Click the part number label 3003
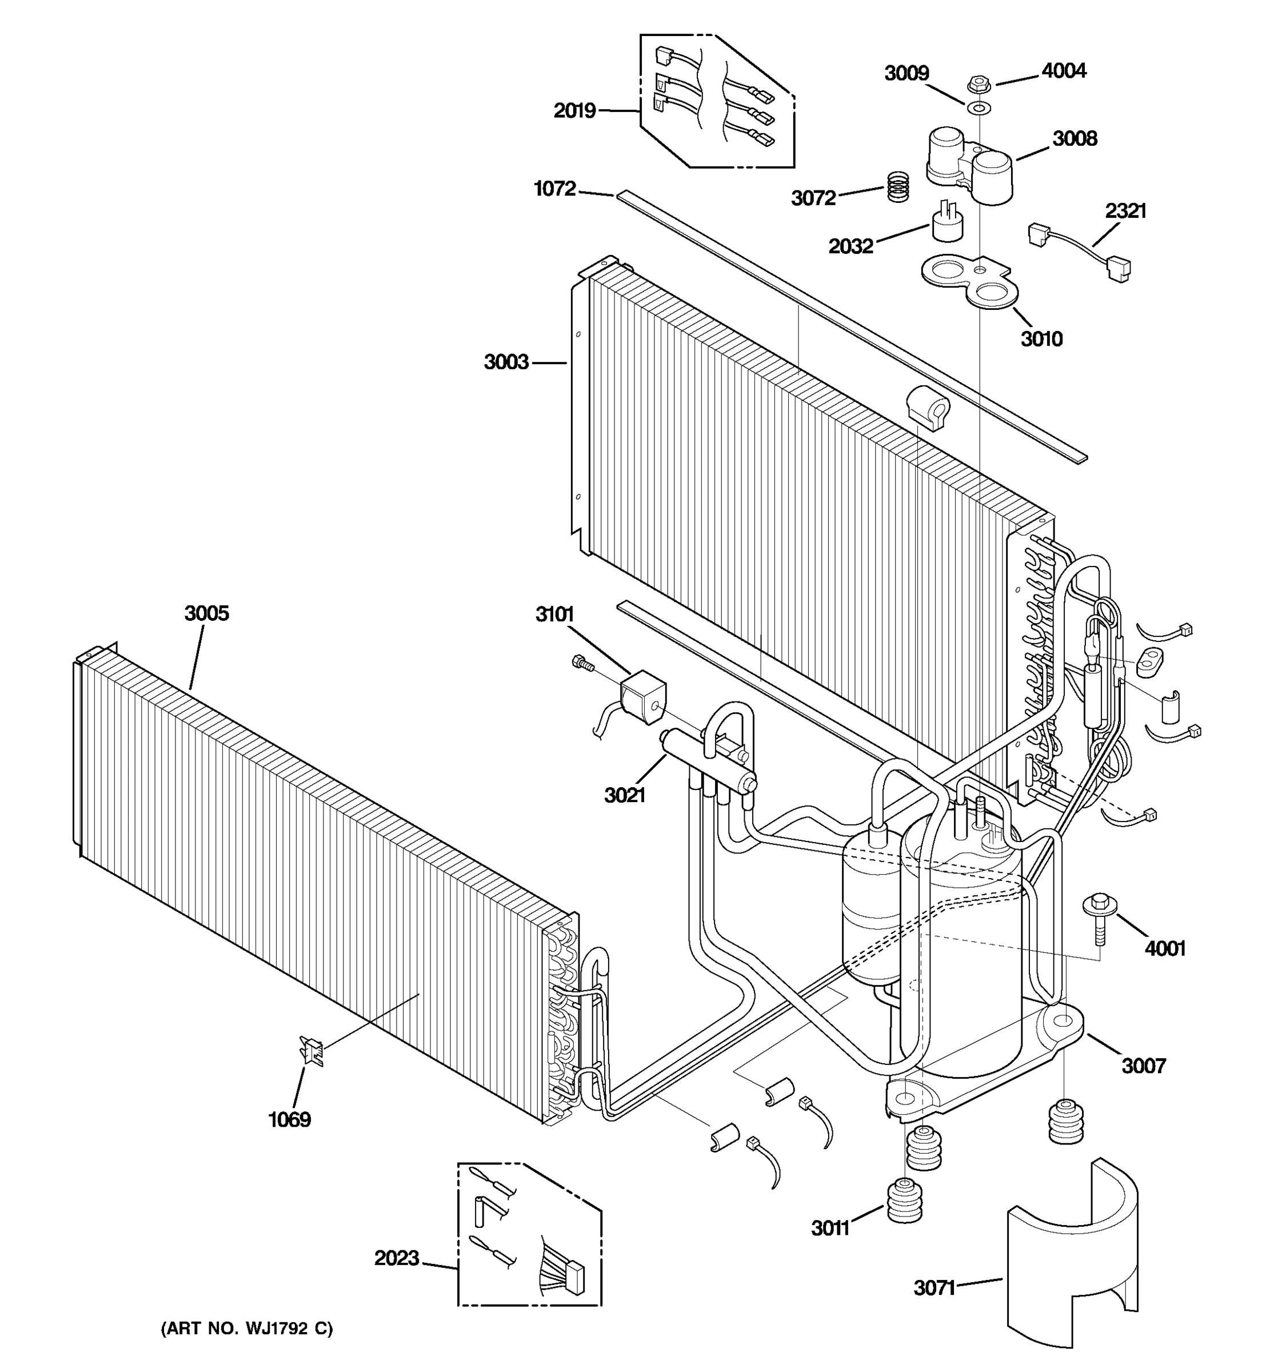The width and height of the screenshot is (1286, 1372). point(506,362)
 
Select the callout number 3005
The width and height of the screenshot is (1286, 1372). point(206,613)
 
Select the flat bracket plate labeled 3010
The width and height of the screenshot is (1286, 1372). point(970,283)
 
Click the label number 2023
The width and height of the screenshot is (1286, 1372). point(397,1258)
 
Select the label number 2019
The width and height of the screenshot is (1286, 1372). point(574,110)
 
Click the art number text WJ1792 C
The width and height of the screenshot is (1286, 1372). point(246,1329)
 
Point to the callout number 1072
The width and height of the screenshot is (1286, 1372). point(554,189)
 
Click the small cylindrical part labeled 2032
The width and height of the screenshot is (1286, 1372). point(946,222)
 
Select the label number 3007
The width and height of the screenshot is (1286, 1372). point(1143,1066)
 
